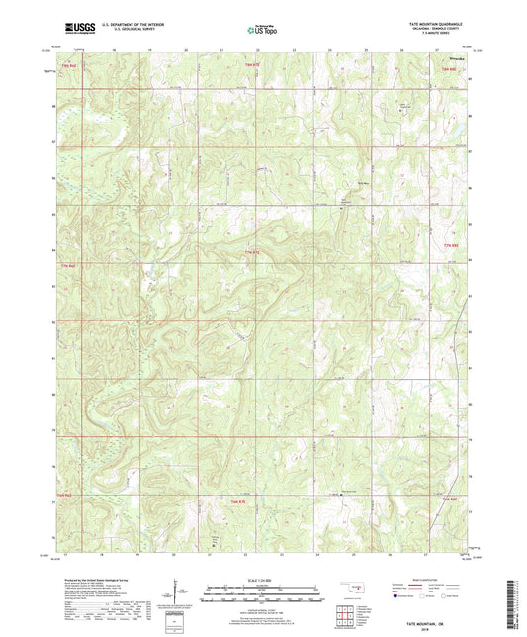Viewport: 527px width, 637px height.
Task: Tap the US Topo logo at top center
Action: [262, 30]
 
